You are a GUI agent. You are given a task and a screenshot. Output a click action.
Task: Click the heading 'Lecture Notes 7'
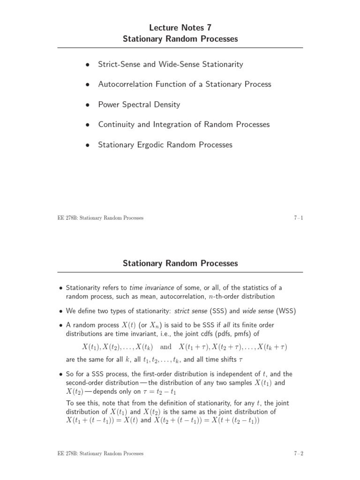180,28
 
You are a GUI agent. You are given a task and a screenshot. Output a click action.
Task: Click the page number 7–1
298,218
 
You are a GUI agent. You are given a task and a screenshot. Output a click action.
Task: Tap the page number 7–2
298,453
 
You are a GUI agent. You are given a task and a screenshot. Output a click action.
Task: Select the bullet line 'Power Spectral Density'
139,105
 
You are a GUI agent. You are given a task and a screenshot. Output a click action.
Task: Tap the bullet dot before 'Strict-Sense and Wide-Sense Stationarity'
87,65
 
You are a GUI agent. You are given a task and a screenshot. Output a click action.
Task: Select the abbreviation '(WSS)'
286,311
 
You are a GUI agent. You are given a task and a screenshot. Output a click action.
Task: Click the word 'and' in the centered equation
166,347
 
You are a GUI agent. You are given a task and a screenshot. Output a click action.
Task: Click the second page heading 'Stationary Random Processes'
180,263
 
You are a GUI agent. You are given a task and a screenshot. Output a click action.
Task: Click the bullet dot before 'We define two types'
61,312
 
